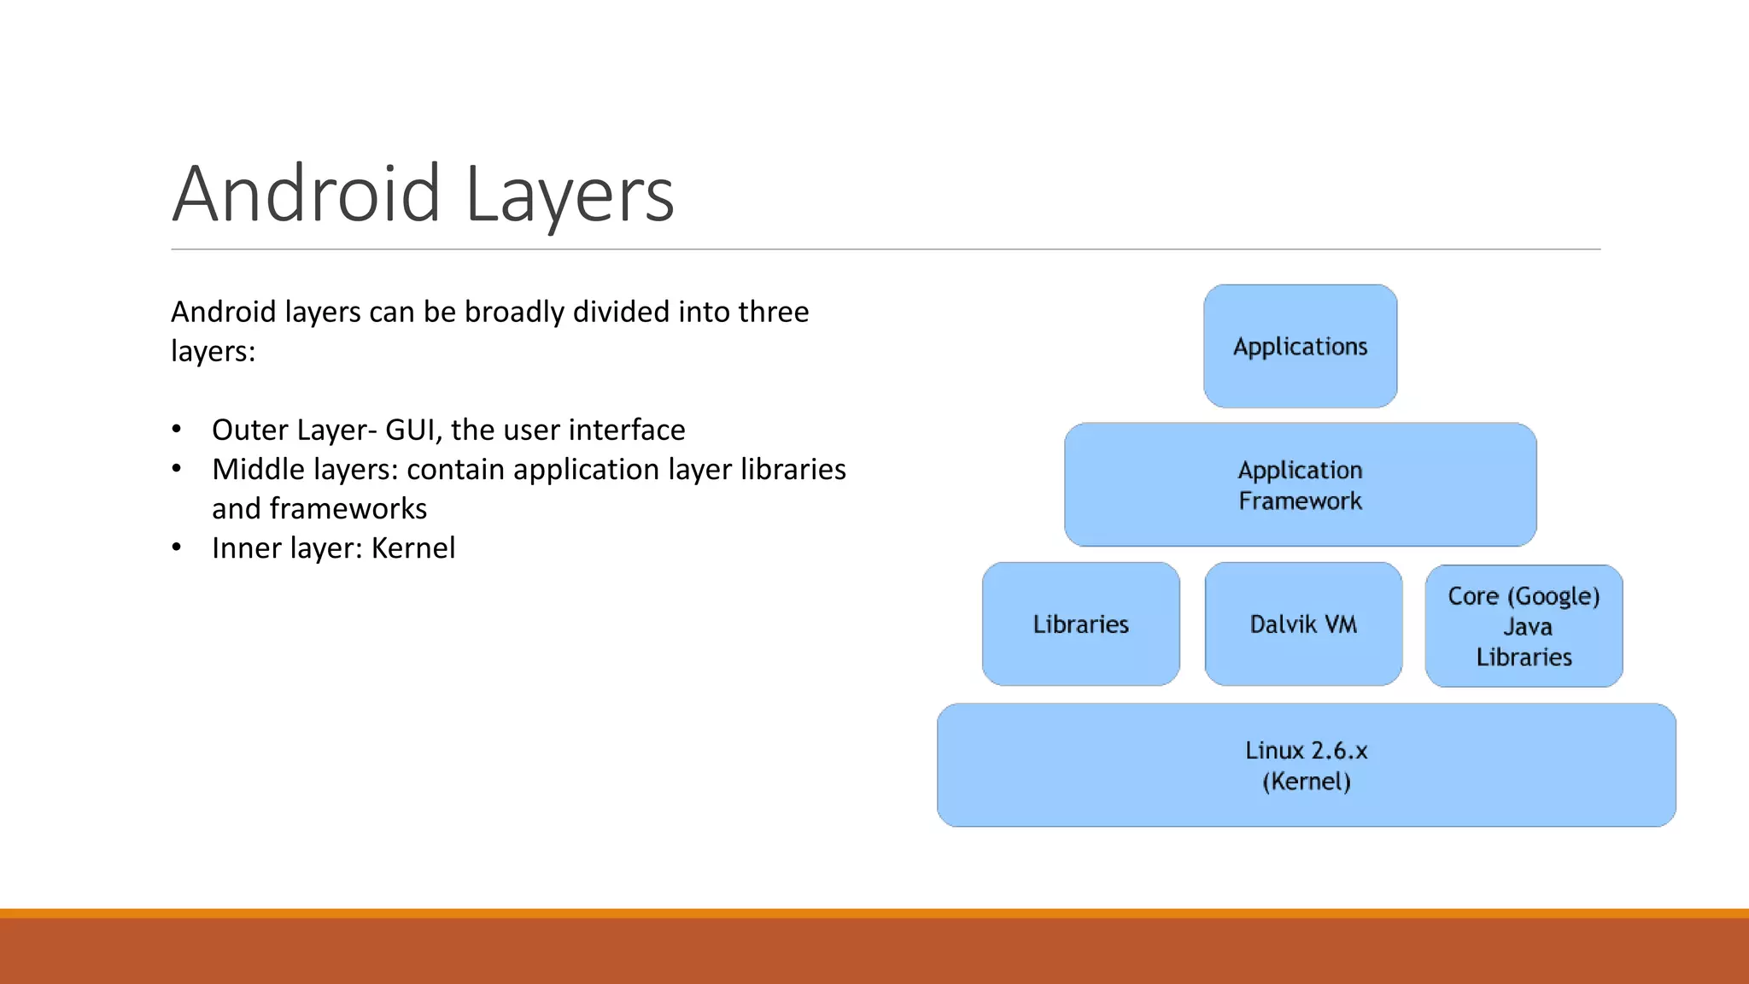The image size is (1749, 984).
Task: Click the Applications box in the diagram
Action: (1300, 346)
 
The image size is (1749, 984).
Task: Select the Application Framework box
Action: (1300, 484)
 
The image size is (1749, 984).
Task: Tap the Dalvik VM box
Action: (1303, 624)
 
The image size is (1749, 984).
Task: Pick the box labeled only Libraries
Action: (1080, 624)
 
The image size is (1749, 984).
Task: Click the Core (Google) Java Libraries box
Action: (1524, 626)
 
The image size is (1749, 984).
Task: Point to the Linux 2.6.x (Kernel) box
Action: (1306, 765)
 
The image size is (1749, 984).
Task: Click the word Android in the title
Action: (306, 195)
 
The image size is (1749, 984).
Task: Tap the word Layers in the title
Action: (570, 195)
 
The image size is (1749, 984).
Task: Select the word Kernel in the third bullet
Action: (412, 548)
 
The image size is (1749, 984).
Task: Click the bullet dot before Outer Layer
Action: (176, 429)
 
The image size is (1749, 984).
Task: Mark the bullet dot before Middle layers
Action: (176, 468)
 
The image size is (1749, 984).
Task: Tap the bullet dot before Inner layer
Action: (176, 547)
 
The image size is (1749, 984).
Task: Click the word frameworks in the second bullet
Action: (348, 508)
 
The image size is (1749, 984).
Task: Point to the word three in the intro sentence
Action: (774, 312)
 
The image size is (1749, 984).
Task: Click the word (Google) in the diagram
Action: (1553, 596)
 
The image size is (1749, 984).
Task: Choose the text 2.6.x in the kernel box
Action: (1338, 751)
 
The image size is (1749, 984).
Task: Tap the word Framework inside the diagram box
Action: (1300, 501)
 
